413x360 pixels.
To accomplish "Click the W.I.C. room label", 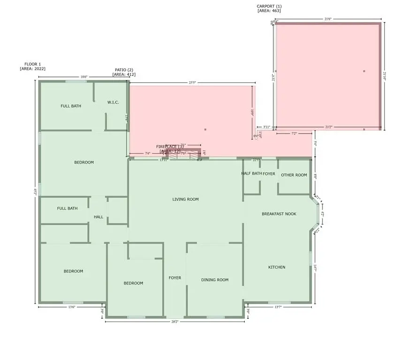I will (x=113, y=102).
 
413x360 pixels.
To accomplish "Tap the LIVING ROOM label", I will (x=186, y=199).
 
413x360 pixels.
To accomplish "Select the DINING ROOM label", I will (x=215, y=280).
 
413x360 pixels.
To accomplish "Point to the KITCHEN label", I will (x=277, y=267).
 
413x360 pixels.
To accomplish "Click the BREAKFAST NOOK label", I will (x=279, y=214).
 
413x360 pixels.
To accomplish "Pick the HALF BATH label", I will (x=251, y=174).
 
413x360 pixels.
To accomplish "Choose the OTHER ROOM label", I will (x=294, y=175).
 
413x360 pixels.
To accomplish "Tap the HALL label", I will (x=98, y=217).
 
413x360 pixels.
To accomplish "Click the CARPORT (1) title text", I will (x=269, y=6).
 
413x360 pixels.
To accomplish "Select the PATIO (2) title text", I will (x=124, y=70).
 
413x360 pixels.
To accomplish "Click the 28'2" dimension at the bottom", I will (x=174, y=322).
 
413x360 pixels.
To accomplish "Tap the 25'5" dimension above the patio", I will (x=192, y=83).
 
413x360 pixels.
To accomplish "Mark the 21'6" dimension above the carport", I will (x=328, y=19).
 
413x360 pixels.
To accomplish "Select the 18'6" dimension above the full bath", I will (x=83, y=77).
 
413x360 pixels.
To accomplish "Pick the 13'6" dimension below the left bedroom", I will (x=72, y=307).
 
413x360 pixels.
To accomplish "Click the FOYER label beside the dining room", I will (x=175, y=278).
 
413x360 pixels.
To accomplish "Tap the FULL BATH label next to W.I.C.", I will (x=71, y=106).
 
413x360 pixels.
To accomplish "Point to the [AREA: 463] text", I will (x=269, y=11).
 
